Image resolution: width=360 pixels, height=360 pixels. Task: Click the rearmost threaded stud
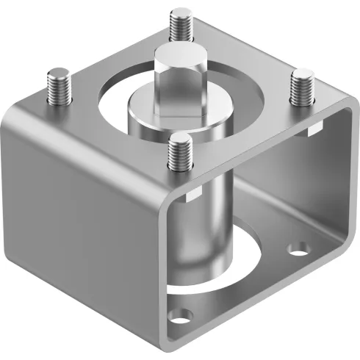[179, 25]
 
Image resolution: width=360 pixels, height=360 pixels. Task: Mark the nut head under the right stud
[312, 131]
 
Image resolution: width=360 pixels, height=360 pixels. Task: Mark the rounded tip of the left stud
[57, 73]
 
